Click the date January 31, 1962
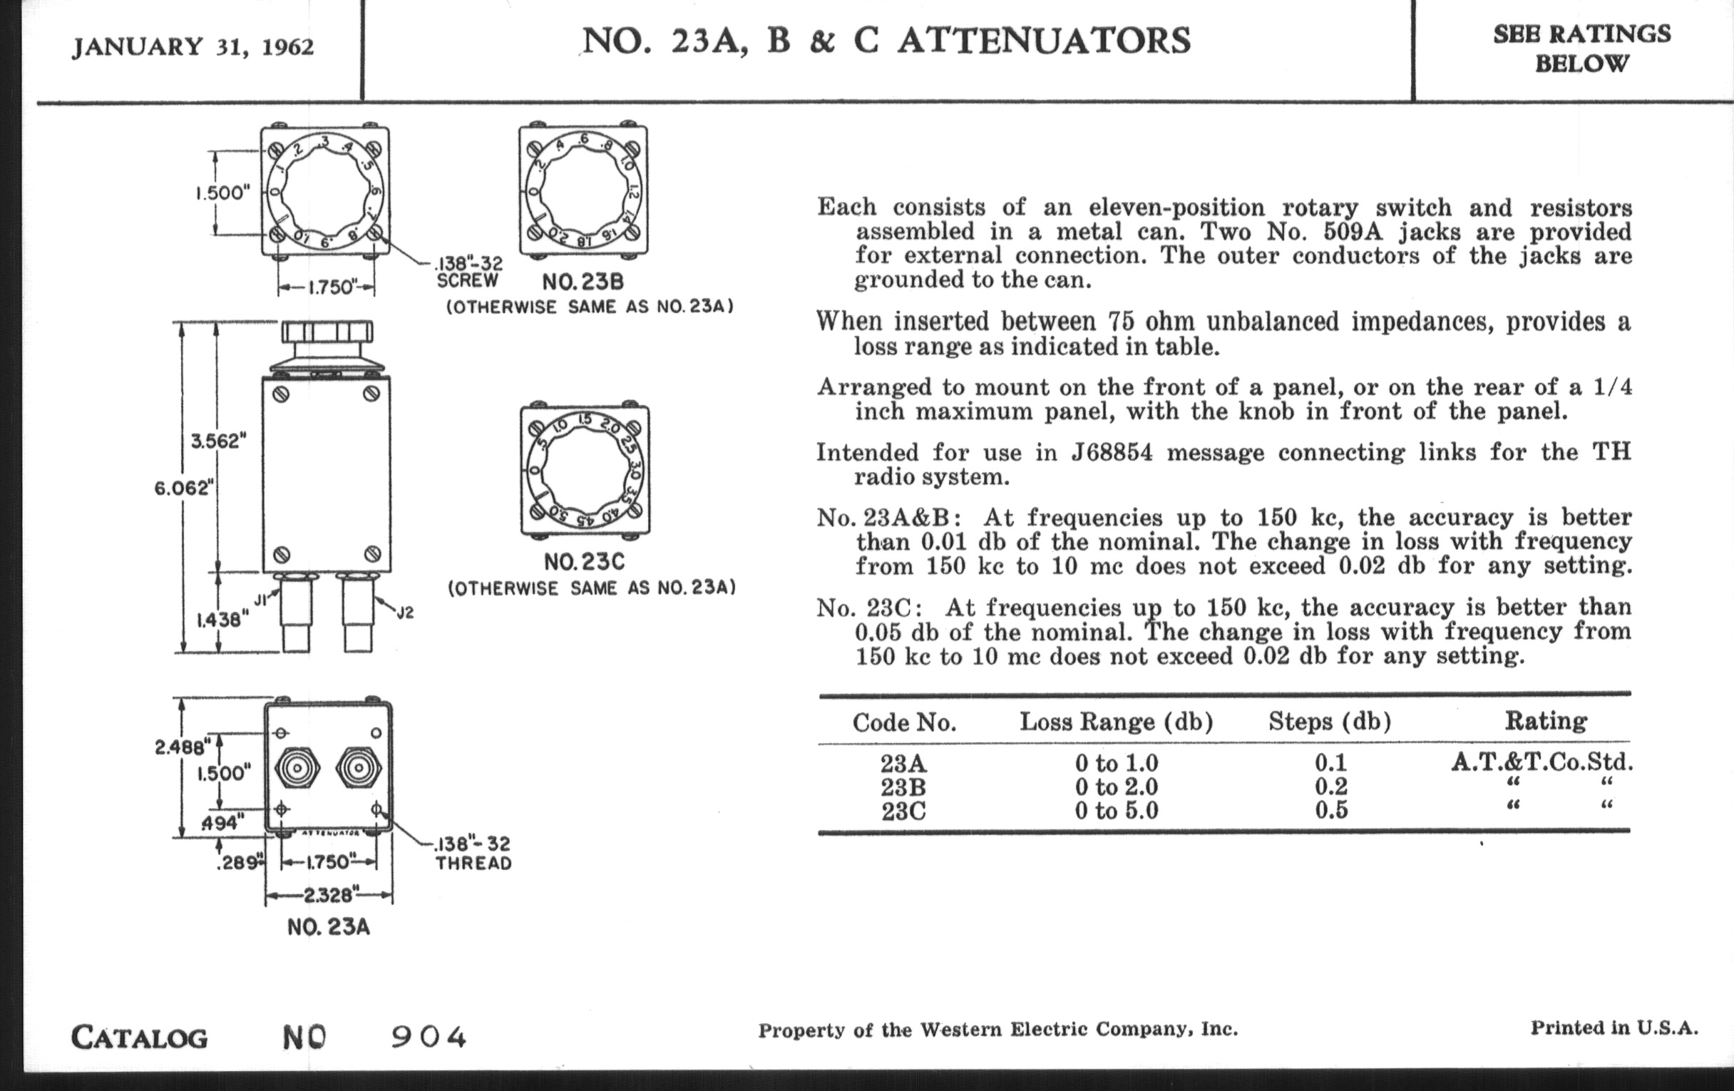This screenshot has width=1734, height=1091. [x=193, y=48]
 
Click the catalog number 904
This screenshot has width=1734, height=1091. [x=429, y=1038]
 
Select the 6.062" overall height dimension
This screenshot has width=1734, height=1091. [x=185, y=488]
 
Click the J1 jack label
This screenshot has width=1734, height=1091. [x=262, y=598]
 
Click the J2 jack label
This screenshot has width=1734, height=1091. [x=406, y=613]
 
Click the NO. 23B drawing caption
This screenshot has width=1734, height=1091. [x=583, y=281]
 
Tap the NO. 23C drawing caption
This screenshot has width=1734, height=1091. [x=584, y=562]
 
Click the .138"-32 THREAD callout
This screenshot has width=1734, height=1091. [x=473, y=854]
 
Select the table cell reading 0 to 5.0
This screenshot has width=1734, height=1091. [x=1116, y=811]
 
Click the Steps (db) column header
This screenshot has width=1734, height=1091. [x=1329, y=721]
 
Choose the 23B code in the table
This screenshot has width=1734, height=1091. [x=903, y=787]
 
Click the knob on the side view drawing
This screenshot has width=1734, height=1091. [x=327, y=333]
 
